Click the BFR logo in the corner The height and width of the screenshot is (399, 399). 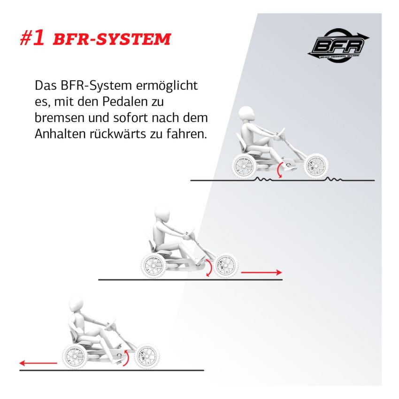[338, 45]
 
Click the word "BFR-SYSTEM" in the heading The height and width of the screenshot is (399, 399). [112, 40]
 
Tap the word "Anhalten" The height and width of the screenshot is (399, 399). [57, 134]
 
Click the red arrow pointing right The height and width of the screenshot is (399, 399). [261, 272]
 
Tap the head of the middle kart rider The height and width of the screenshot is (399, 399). [162, 214]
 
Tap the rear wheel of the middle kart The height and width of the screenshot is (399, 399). [153, 266]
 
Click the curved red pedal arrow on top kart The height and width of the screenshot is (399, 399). [279, 170]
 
